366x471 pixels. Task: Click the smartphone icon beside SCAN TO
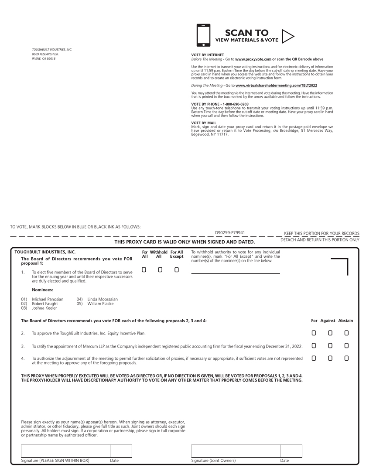tap(203, 35)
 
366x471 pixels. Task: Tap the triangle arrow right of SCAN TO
tap(287, 36)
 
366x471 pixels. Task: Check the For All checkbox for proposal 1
tap(144, 270)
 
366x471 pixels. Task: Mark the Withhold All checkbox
tap(160, 270)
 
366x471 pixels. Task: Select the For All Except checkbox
tap(176, 270)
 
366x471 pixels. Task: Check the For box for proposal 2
tap(314, 333)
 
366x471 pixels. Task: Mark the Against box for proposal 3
tap(330, 346)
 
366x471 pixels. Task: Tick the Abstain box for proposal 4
tap(346, 358)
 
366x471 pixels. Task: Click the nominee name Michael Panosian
tap(48, 299)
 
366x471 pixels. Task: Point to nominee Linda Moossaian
tap(103, 299)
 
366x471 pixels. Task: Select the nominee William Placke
tap(100, 304)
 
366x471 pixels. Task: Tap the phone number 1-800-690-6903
tap(236, 104)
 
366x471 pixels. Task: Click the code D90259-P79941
tap(230, 233)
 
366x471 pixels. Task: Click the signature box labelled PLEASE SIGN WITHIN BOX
tap(65, 451)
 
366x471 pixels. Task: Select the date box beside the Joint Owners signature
tap(291, 451)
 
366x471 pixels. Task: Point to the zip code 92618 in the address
tap(51, 58)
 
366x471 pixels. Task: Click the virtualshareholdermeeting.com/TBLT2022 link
tap(276, 85)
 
